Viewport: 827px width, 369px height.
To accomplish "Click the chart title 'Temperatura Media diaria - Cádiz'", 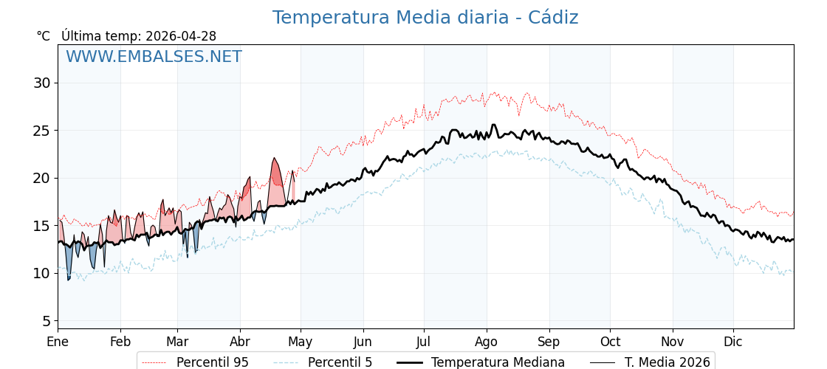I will (x=425, y=18).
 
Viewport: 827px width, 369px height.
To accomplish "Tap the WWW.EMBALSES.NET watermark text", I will (x=154, y=57).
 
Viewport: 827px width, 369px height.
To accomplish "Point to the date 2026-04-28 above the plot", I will (x=181, y=36).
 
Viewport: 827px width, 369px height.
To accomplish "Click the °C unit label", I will (x=43, y=36).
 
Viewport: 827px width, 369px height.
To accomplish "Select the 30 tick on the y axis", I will (x=41, y=83).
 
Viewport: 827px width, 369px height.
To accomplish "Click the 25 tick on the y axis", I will (x=41, y=131).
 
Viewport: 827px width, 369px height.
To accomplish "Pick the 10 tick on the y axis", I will (x=41, y=273).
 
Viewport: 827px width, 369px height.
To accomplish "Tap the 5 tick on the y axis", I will (x=46, y=321).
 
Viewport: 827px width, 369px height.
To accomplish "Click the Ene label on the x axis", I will (x=58, y=342).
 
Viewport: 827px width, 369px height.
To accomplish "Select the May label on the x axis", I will (x=300, y=342).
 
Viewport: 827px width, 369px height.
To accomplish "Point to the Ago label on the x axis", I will (x=486, y=342).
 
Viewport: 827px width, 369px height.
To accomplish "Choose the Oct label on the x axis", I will (x=610, y=342).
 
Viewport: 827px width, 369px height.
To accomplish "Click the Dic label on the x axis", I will (x=733, y=342).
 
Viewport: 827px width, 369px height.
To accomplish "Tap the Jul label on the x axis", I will (x=424, y=342).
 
